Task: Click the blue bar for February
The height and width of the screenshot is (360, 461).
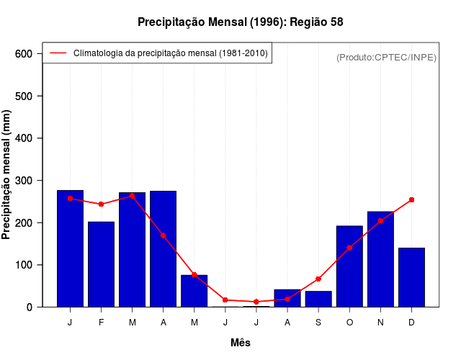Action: [x=101, y=264]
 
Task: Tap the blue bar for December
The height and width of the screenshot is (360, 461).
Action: [x=411, y=277]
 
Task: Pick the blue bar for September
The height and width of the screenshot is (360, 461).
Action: [x=318, y=299]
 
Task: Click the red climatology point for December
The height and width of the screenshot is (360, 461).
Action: [x=411, y=199]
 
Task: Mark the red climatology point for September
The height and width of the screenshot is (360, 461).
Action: [x=318, y=279]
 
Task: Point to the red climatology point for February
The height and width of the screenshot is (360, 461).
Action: [x=101, y=204]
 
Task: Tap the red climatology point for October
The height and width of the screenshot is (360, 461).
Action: [x=349, y=248]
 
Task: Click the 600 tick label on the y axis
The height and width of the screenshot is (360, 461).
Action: [x=24, y=54]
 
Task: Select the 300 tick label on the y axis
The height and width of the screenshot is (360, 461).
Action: [x=24, y=181]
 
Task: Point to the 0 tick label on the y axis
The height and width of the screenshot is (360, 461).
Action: [x=30, y=307]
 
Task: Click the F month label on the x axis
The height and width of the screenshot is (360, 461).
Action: [x=101, y=323]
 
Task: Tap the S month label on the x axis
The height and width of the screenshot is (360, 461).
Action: [x=318, y=323]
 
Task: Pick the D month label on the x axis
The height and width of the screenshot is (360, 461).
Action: [x=411, y=323]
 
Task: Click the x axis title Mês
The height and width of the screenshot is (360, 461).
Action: [x=241, y=343]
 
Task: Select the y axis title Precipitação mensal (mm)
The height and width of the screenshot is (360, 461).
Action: [x=8, y=174]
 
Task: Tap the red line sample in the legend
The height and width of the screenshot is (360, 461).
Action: [x=58, y=53]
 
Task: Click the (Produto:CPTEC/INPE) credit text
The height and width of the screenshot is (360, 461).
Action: [x=386, y=58]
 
